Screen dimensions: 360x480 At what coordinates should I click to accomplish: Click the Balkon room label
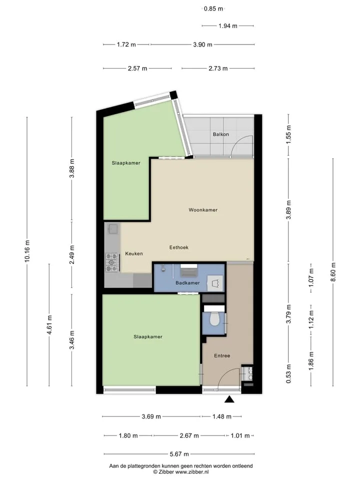click(x=220, y=134)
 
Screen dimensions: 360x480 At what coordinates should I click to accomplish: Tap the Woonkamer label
click(x=203, y=210)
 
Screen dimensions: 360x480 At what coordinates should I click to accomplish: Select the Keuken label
click(x=134, y=254)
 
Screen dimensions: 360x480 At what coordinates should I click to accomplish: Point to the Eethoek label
click(x=179, y=247)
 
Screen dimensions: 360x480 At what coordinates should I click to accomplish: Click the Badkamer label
click(x=187, y=283)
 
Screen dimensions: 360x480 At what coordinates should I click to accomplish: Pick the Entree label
click(x=222, y=355)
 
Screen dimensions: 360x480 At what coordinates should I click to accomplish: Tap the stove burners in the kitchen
click(x=111, y=262)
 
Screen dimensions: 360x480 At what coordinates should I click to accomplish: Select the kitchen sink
click(x=113, y=229)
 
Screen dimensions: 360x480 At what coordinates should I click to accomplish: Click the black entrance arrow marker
click(x=229, y=399)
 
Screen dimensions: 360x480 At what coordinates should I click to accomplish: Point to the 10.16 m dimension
click(x=27, y=251)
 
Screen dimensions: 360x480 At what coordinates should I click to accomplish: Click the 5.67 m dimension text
click(x=179, y=454)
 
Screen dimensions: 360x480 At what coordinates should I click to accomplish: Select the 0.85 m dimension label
click(x=213, y=9)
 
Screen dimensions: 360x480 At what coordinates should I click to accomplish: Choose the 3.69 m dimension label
click(x=151, y=416)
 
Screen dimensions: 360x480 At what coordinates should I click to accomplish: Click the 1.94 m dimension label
click(x=228, y=26)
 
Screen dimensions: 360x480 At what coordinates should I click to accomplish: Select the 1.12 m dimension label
click(x=311, y=320)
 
